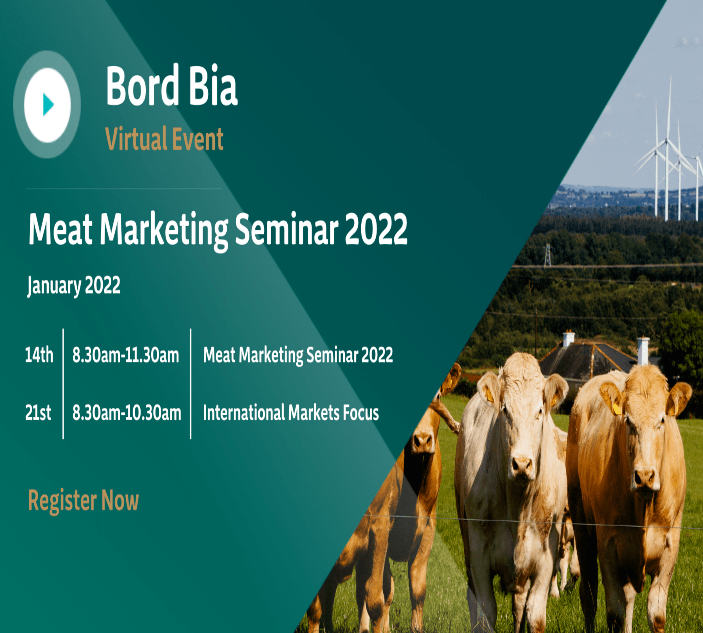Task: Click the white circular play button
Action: coord(47,105)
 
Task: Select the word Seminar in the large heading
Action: coord(287,229)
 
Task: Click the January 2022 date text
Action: coord(74,286)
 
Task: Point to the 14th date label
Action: coord(39,355)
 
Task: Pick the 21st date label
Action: coord(38,413)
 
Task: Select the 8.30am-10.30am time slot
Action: coord(127,413)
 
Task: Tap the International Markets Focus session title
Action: coord(291,413)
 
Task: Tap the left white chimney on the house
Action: coord(569,339)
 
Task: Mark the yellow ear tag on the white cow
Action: coord(490,395)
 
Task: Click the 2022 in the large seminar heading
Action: coord(376,229)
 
